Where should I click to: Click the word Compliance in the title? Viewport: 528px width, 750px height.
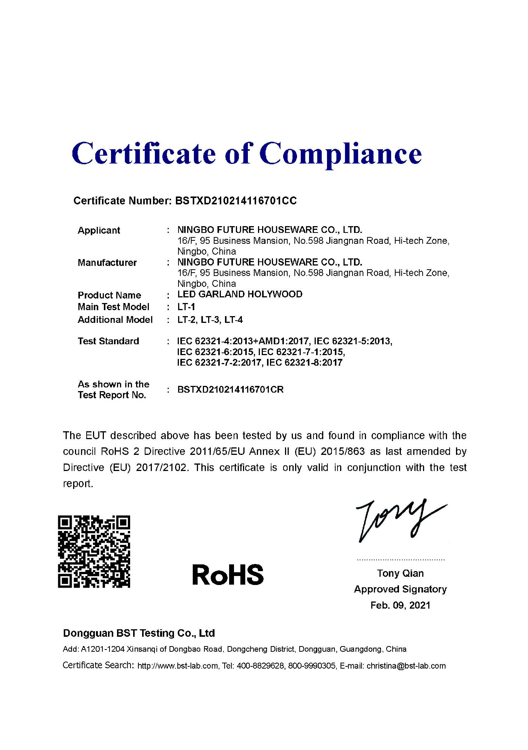(x=340, y=154)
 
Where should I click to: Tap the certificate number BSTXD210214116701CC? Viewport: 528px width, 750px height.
(x=236, y=201)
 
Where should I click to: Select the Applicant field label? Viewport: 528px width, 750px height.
(x=99, y=230)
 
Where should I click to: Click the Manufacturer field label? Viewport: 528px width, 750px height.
(x=107, y=262)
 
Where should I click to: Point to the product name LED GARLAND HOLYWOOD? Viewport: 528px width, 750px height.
(x=240, y=294)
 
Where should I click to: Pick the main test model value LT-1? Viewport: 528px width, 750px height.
(x=186, y=307)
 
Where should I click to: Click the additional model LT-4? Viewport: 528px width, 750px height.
(x=234, y=320)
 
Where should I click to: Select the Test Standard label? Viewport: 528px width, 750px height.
(x=108, y=341)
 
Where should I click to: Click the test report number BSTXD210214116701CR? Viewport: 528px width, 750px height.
(x=230, y=390)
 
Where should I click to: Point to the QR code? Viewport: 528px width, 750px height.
(x=94, y=551)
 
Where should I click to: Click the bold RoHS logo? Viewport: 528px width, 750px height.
(x=228, y=575)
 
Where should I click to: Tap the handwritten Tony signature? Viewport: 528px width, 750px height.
(x=399, y=519)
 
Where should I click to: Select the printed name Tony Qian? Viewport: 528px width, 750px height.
(x=400, y=573)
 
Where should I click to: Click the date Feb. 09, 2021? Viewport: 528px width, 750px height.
(x=400, y=605)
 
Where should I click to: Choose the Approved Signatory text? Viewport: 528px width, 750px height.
(x=400, y=589)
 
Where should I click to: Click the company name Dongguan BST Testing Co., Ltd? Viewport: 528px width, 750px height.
(x=139, y=633)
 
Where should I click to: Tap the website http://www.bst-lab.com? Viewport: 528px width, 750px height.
(x=178, y=666)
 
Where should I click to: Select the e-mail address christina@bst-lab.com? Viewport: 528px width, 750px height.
(x=406, y=666)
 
